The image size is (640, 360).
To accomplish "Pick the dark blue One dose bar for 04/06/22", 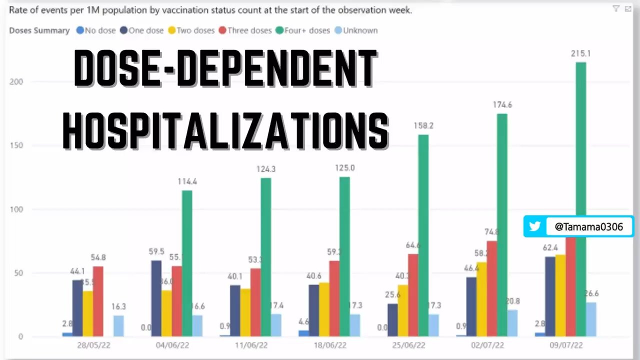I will point(156,298).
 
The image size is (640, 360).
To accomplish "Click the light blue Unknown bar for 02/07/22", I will point(512,323).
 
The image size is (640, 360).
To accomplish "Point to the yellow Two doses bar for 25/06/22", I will point(403,310).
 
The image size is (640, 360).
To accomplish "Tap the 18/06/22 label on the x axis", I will point(329,346).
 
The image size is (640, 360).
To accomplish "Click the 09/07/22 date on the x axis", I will point(566,346).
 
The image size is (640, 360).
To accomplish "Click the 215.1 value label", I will point(581,53).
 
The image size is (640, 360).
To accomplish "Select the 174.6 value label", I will point(502,105).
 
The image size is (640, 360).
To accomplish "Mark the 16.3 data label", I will point(118,306).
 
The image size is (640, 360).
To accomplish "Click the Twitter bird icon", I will point(535,226).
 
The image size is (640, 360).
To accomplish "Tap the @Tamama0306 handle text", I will point(589,227).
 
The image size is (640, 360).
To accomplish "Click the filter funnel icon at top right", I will point(616,8).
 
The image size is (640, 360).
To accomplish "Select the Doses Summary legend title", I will point(39,30).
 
